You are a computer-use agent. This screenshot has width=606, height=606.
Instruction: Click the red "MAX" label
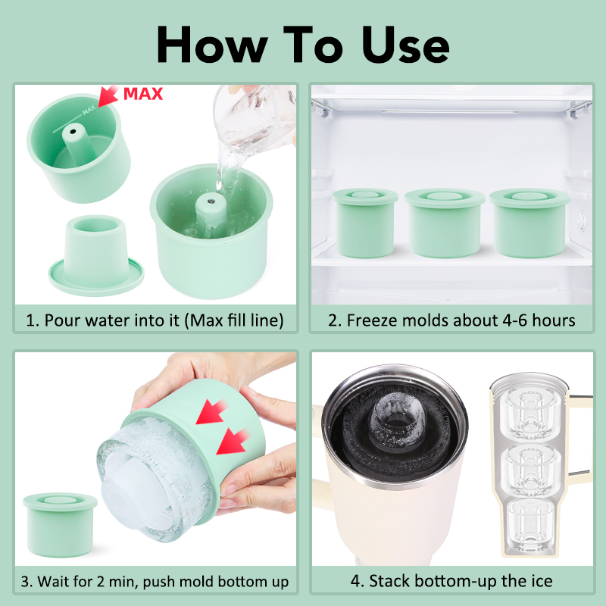coord(144,95)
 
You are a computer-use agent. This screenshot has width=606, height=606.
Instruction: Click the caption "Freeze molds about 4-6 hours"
coord(451,320)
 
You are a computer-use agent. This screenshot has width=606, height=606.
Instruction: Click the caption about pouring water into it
coord(155,320)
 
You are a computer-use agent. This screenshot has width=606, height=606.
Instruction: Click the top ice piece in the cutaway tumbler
coord(527,409)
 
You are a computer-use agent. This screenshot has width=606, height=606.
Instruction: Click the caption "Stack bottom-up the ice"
coord(451,582)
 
